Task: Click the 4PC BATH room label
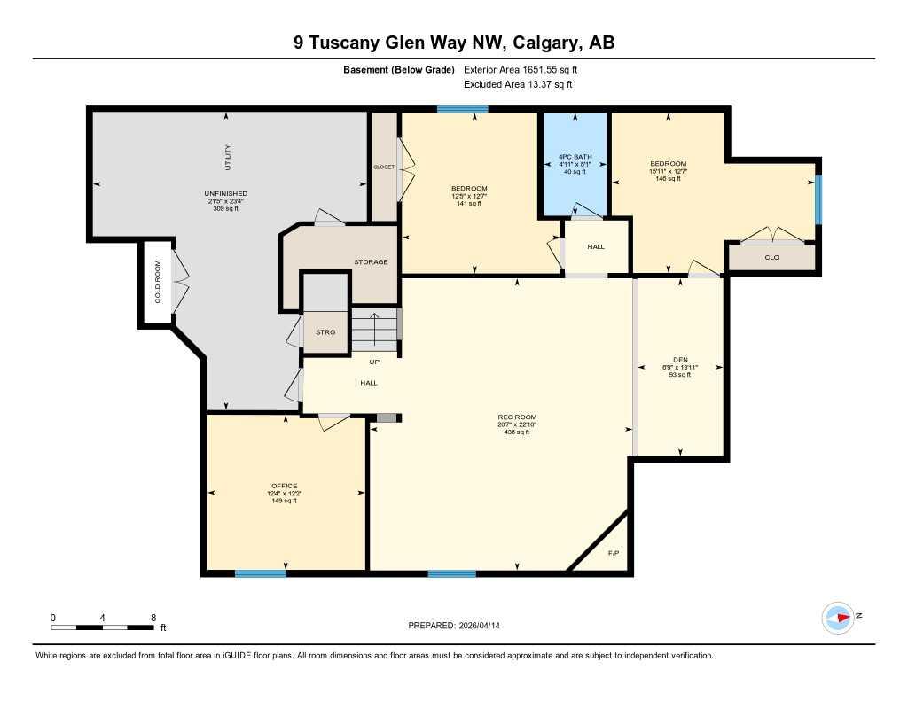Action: point(575,158)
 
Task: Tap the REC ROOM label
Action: point(517,417)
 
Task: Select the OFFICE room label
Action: point(285,486)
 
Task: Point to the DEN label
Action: point(680,359)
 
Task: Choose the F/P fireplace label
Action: point(613,553)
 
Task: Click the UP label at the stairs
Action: point(374,362)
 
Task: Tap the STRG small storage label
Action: point(325,331)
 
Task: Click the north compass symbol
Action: point(838,617)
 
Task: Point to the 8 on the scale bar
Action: point(153,617)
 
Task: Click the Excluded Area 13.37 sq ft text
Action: point(518,84)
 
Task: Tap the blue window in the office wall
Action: point(261,573)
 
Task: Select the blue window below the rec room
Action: point(452,573)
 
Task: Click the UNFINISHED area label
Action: point(225,193)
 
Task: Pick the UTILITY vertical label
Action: point(227,157)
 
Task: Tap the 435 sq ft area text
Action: point(517,432)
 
